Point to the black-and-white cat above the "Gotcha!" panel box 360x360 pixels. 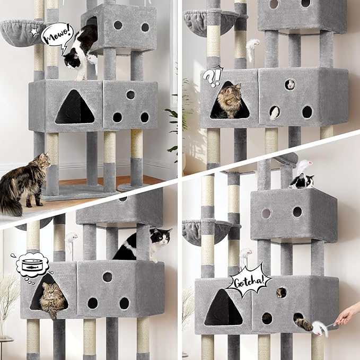(302, 181)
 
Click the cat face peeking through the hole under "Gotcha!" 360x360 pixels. (280, 293)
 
